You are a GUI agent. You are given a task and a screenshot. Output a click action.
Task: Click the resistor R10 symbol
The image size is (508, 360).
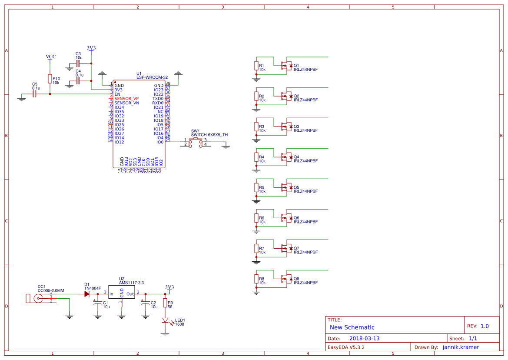[50, 80]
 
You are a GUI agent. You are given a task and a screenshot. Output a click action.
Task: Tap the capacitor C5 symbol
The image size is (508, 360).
[35, 94]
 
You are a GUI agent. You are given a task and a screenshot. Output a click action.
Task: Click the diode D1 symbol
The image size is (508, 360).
[86, 294]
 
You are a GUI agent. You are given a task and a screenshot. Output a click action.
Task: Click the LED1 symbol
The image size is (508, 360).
[165, 320]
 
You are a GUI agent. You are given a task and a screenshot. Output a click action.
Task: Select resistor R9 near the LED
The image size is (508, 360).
[165, 303]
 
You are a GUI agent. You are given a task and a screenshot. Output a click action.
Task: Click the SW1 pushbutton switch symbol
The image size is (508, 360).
[196, 143]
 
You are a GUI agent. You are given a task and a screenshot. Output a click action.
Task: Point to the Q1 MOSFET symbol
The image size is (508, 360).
[286, 65]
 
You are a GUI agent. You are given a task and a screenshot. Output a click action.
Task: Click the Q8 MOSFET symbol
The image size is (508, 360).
[286, 278]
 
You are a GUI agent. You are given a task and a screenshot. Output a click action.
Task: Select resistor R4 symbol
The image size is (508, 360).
[256, 159]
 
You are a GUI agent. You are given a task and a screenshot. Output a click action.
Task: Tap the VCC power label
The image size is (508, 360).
[51, 57]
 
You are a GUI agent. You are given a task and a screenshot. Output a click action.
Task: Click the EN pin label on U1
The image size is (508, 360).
[117, 94]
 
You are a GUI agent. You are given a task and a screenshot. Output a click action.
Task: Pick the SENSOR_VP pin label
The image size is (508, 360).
[126, 99]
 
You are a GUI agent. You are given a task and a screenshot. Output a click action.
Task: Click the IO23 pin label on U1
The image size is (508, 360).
[159, 90]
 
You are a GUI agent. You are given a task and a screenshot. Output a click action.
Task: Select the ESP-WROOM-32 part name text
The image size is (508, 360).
[152, 77]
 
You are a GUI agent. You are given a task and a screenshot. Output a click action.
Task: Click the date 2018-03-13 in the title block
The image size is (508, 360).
[364, 338]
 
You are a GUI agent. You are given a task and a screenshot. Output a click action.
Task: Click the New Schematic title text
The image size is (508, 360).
[352, 327]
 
